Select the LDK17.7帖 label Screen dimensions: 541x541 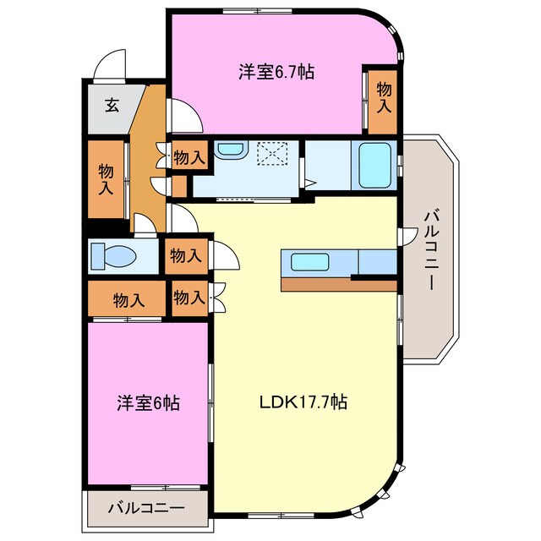303,402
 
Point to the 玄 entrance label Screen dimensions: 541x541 112,106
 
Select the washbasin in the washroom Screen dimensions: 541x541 229,151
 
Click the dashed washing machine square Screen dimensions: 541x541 273,155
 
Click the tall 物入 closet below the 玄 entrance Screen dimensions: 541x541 105,178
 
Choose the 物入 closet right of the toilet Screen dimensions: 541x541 185,255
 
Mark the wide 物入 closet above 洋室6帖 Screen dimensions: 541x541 127,299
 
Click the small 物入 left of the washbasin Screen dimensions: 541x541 189,156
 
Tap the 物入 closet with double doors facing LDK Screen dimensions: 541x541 189,298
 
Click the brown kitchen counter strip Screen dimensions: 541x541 338,284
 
